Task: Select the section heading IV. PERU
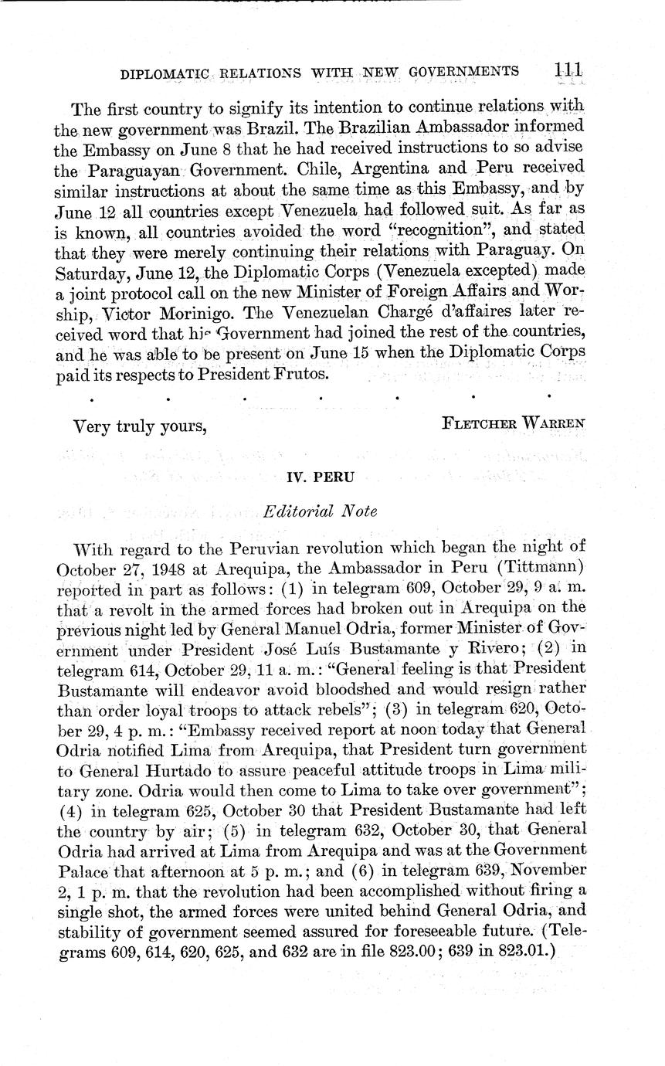tap(321, 477)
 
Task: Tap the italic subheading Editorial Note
tap(321, 511)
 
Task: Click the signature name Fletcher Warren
tap(514, 423)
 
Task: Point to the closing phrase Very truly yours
tap(139, 425)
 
